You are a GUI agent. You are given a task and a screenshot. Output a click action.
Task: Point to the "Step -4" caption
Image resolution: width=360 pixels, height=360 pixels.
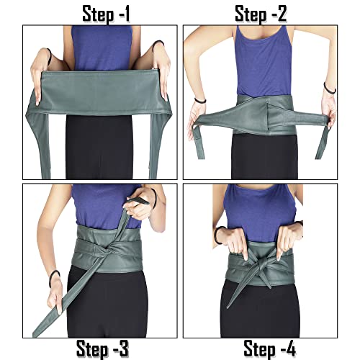click(x=269, y=350)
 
